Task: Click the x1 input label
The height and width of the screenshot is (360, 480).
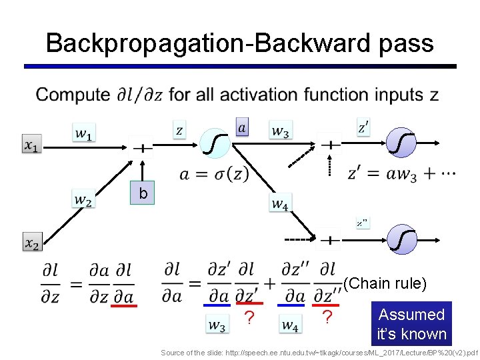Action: coord(32,145)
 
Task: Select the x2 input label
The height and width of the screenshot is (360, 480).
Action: coord(32,243)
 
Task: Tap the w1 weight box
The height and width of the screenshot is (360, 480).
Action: coord(83,133)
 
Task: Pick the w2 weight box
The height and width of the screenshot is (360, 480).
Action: coord(83,199)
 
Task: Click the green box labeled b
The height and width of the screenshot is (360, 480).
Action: coord(142,193)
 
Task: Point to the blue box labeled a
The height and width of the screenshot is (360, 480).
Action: coord(242,127)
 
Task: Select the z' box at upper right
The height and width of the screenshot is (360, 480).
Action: coord(363,127)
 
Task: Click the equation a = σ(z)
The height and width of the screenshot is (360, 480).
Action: coord(214,175)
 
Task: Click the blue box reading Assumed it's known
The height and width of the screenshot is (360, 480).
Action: coord(411,324)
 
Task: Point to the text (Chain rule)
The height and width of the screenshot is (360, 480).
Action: coord(385,283)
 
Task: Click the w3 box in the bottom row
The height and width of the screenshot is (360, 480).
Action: coord(217,325)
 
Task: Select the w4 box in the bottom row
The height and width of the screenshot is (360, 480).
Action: coord(290,325)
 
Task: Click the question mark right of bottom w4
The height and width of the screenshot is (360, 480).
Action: coord(327,319)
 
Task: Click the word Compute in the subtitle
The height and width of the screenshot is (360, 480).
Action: coord(73,95)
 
